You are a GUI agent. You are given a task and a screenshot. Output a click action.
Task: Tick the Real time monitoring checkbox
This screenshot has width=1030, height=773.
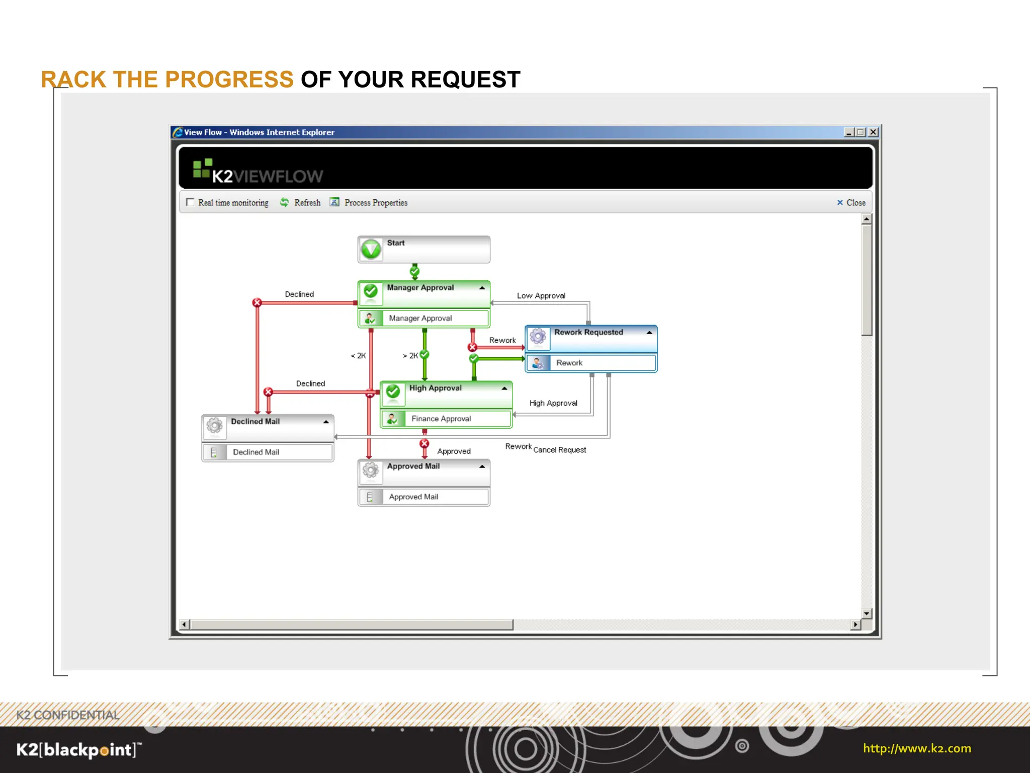click(x=190, y=202)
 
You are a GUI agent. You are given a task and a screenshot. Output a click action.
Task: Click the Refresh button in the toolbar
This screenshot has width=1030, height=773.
click(x=301, y=202)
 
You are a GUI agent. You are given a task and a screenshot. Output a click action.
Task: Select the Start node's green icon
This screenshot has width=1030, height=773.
click(x=371, y=249)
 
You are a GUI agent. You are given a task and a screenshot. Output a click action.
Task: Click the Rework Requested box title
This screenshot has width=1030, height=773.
click(x=588, y=332)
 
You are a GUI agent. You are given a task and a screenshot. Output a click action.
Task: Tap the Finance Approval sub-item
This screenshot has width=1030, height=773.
click(x=441, y=419)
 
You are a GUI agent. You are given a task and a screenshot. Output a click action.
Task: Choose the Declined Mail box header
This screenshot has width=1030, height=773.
click(x=255, y=422)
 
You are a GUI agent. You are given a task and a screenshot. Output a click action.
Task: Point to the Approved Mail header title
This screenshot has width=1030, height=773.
click(x=413, y=466)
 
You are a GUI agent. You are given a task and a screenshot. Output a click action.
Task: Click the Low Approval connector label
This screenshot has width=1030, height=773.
click(x=541, y=296)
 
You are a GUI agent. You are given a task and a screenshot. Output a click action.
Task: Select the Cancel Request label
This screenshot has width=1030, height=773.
click(x=560, y=450)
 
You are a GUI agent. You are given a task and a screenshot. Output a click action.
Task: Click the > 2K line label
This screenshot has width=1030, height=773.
click(x=410, y=356)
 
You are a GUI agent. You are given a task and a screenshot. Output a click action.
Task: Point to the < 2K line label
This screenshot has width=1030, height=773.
click(x=359, y=356)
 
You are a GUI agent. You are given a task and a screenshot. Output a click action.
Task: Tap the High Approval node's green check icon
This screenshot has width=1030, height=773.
click(x=393, y=392)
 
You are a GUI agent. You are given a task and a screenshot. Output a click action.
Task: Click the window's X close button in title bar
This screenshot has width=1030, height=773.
click(x=874, y=132)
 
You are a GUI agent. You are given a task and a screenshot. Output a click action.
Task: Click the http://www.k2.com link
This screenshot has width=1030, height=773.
click(x=917, y=748)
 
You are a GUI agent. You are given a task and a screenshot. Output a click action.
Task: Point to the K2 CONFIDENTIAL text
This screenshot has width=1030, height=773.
click(x=68, y=715)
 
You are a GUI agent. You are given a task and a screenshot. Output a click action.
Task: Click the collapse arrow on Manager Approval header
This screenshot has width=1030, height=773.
click(x=482, y=288)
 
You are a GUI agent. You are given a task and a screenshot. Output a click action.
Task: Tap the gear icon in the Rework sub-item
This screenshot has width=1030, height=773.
click(x=538, y=363)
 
